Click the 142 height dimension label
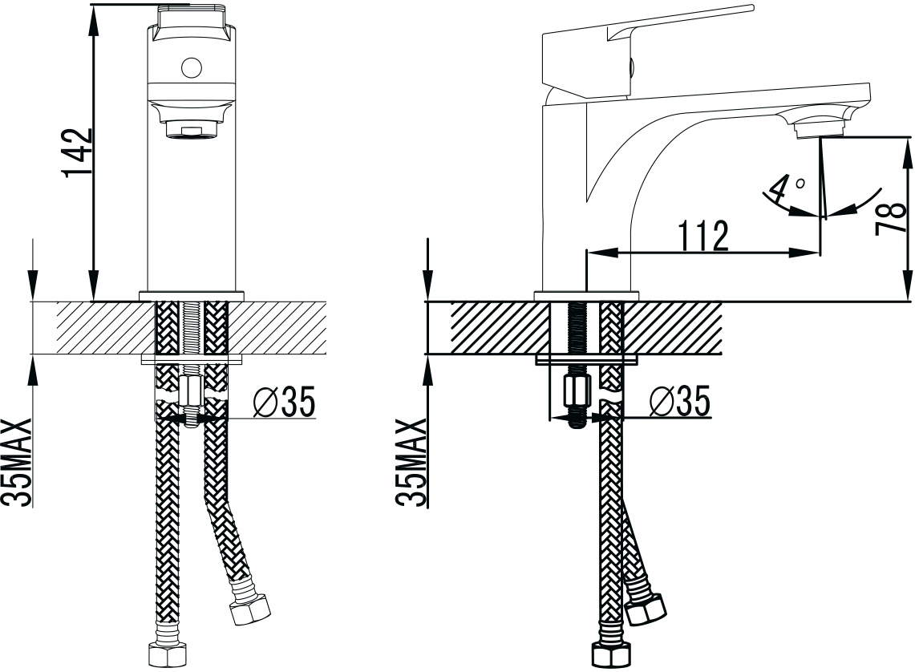(x=77, y=152)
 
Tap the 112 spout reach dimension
(x=703, y=236)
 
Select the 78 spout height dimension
(x=890, y=218)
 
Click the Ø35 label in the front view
(x=284, y=401)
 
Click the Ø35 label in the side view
(x=680, y=401)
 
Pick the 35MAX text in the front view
(x=17, y=462)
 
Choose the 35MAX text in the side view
(x=411, y=462)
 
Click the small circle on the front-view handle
(x=191, y=67)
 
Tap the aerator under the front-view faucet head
(x=192, y=128)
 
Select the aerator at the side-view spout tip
(x=820, y=128)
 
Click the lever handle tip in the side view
(x=751, y=7)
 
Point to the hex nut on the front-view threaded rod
(x=191, y=389)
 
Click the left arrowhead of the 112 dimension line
(x=601, y=253)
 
